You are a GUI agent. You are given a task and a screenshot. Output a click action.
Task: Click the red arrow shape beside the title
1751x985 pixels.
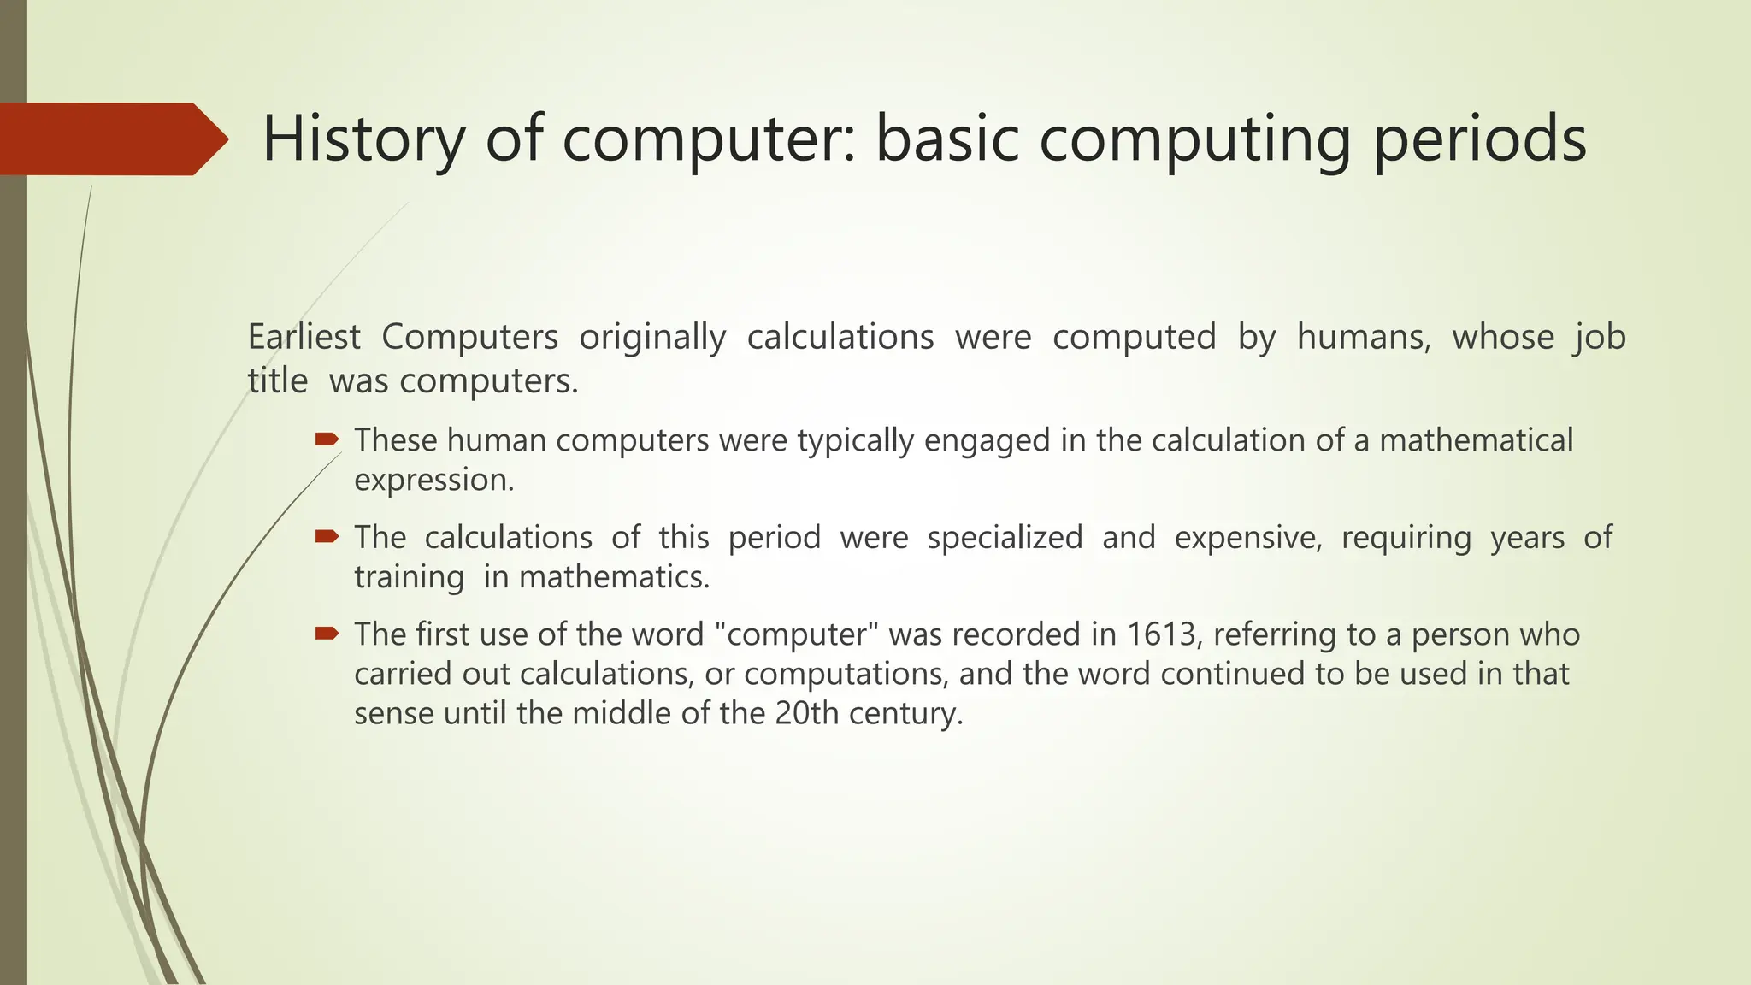click(111, 139)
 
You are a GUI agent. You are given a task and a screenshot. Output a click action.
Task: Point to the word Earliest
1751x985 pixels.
click(304, 337)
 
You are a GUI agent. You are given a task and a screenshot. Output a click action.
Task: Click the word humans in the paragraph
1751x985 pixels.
click(1363, 337)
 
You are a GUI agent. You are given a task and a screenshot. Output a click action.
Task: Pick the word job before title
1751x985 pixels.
click(1600, 337)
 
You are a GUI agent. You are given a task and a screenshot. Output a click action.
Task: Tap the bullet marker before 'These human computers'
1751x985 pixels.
click(327, 440)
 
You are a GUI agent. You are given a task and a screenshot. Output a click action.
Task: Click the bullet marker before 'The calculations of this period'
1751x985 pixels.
click(327, 537)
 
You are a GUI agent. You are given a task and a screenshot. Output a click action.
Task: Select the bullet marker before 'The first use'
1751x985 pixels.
click(327, 634)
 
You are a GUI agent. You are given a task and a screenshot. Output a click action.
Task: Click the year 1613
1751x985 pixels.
click(1160, 634)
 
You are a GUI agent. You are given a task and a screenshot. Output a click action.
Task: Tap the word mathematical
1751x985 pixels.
click(1476, 440)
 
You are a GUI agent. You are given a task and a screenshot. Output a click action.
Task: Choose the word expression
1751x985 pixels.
click(433, 481)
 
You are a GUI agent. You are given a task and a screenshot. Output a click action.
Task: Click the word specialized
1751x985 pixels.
click(1005, 538)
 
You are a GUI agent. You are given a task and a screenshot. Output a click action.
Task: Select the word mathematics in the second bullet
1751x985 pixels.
click(614, 577)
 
